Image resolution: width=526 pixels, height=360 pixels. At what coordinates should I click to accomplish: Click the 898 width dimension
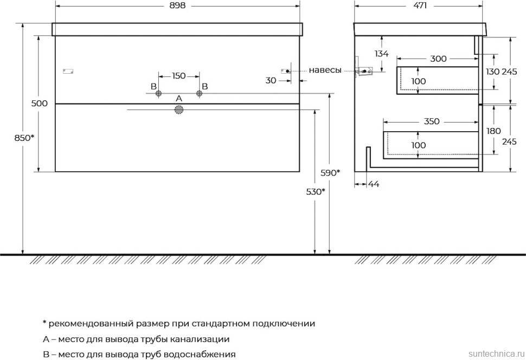(x=177, y=6)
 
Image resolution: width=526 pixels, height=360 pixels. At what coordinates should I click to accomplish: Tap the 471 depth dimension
(x=419, y=6)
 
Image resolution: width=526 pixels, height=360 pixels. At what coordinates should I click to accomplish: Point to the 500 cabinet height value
(x=40, y=104)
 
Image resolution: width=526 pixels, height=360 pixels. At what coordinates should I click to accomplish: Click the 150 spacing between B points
(x=179, y=76)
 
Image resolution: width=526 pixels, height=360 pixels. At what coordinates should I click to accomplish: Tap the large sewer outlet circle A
(x=179, y=110)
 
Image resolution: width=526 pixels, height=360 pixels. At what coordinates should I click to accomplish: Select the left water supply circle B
(x=159, y=94)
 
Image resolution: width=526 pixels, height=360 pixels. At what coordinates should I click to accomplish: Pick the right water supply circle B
(x=199, y=94)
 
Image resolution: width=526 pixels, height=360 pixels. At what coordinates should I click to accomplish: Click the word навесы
(x=325, y=70)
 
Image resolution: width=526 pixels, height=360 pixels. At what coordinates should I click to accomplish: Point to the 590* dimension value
(x=330, y=173)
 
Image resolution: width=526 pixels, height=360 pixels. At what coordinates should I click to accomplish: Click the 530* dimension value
(x=316, y=191)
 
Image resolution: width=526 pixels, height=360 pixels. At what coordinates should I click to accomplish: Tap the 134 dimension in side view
(x=382, y=53)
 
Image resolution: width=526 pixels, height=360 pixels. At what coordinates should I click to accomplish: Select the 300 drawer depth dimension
(x=439, y=59)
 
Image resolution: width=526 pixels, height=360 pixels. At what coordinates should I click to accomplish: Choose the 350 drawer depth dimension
(x=432, y=121)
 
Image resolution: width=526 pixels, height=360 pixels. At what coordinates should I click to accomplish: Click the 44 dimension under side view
(x=374, y=184)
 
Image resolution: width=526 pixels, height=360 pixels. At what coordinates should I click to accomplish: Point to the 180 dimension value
(x=493, y=131)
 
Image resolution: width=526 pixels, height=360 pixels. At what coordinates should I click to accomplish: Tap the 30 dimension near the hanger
(x=271, y=81)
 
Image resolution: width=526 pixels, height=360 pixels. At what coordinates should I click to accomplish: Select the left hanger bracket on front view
(x=68, y=71)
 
